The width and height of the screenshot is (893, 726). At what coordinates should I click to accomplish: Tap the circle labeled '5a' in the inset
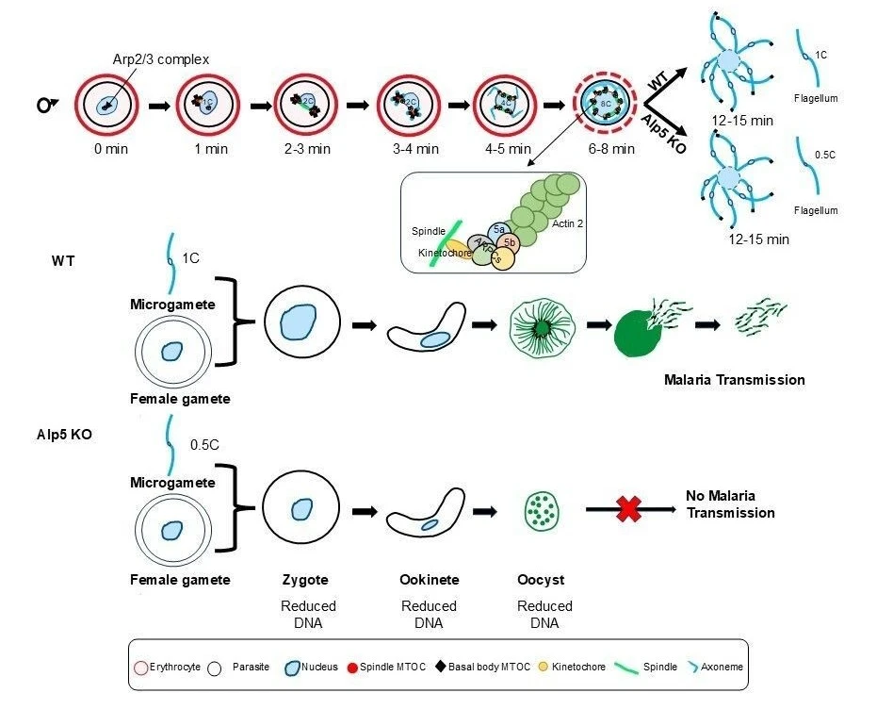pos(499,229)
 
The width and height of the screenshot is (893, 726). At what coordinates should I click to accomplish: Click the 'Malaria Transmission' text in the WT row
pos(734,380)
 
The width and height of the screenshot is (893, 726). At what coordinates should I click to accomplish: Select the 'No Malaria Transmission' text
pos(731,504)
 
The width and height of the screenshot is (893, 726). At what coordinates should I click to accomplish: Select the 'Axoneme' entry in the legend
pos(722,667)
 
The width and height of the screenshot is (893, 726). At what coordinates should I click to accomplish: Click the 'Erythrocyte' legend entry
pos(170,667)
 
